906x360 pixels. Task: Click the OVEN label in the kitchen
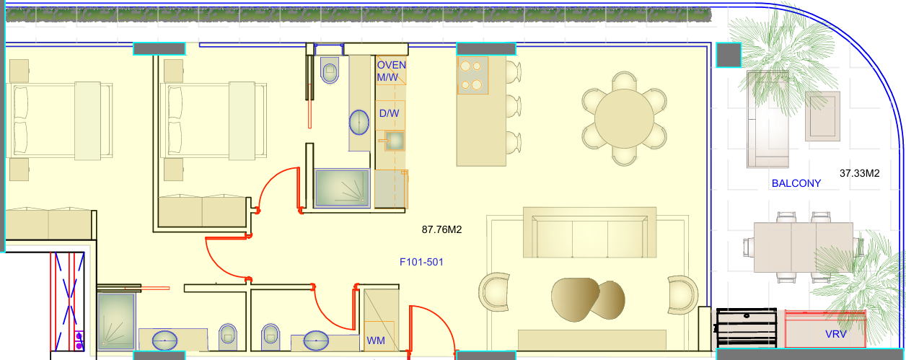coord(392,65)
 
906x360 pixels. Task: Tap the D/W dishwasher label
coord(389,114)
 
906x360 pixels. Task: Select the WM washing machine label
coord(376,341)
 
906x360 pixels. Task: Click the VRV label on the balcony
coord(835,335)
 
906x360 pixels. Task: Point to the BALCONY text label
coord(796,183)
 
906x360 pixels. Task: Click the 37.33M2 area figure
coord(860,174)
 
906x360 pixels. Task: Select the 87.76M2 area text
coord(441,229)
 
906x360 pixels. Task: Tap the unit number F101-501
coord(421,262)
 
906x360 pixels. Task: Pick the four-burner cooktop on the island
coord(472,75)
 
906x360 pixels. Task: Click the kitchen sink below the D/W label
coord(395,141)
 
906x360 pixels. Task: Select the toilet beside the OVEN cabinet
coord(330,70)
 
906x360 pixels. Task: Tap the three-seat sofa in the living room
coord(589,233)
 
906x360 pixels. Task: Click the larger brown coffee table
coord(575,299)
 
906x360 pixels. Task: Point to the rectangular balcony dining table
coord(804,247)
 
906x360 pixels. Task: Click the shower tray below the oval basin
coord(342,188)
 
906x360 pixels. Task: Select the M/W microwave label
coord(387,77)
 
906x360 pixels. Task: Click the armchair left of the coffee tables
coord(494,291)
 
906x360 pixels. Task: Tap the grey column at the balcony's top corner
coord(729,55)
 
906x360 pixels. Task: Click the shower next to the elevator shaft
coord(116,321)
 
